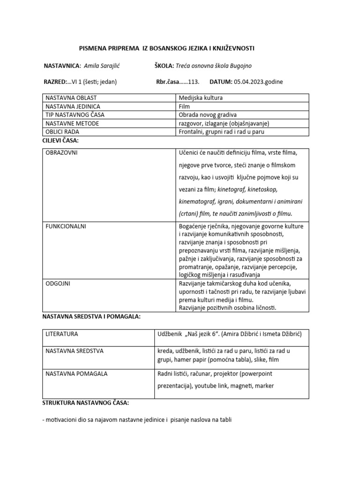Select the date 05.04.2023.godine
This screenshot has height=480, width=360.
pos(258,82)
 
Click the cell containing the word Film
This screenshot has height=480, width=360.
pos(185,106)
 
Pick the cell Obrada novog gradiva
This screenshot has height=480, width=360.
pos(208,115)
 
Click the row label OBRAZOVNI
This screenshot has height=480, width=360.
pos(62,153)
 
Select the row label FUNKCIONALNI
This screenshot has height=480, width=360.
pos(66,226)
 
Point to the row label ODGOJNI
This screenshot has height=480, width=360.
pos(58,284)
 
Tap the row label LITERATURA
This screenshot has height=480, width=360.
pos(62,334)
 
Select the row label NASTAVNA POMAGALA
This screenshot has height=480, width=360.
pos(76,374)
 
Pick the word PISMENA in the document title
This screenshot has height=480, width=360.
pos(90,49)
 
